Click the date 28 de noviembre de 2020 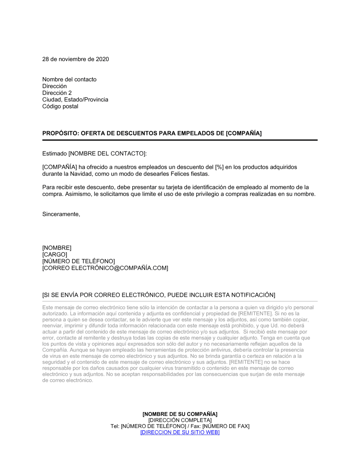(76, 59)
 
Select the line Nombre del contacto (69, 79)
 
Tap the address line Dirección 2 (57, 93)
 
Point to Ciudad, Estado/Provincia (75, 100)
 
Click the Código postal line (60, 106)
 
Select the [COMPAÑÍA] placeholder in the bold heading (244, 133)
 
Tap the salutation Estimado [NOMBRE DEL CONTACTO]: (95, 154)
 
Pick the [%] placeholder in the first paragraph (219, 167)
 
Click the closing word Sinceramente (61, 214)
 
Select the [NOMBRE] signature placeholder (57, 248)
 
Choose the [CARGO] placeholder (55, 255)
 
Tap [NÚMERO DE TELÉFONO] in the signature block (78, 261)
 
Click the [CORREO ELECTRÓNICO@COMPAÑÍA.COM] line (105, 268)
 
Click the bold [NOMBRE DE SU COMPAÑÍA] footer (180, 414)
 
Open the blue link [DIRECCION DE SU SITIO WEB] (180, 432)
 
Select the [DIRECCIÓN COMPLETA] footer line (180, 420)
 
